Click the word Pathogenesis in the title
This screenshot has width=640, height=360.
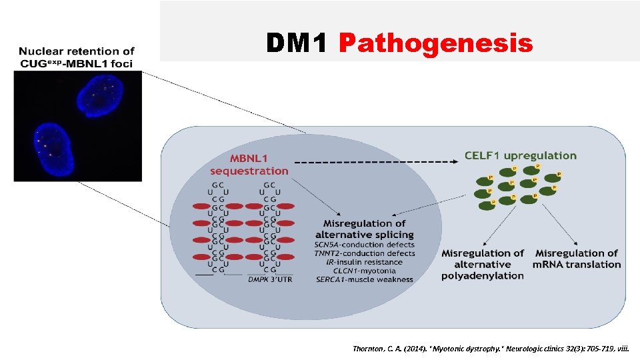[x=435, y=44]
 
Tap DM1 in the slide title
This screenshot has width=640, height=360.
[x=297, y=44]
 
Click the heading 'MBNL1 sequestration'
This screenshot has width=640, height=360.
[x=249, y=165]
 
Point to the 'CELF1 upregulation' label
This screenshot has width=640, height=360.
[x=521, y=156]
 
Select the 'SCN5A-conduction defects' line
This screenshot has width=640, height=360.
[x=364, y=244]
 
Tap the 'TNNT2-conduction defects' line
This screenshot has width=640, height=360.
[x=364, y=253]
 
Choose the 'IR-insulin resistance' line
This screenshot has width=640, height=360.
[x=364, y=262]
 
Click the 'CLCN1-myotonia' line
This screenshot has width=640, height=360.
[x=364, y=271]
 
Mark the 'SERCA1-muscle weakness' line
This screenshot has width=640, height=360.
[x=364, y=279]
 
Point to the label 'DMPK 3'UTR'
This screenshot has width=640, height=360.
[x=269, y=280]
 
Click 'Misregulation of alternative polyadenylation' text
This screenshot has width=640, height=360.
[x=482, y=264]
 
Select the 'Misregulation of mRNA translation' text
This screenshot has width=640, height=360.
[x=577, y=259]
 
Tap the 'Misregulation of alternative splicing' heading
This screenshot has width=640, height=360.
[x=364, y=229]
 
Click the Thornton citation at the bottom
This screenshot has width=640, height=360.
[x=495, y=348]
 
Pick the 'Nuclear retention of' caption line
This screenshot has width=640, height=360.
[x=77, y=51]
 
